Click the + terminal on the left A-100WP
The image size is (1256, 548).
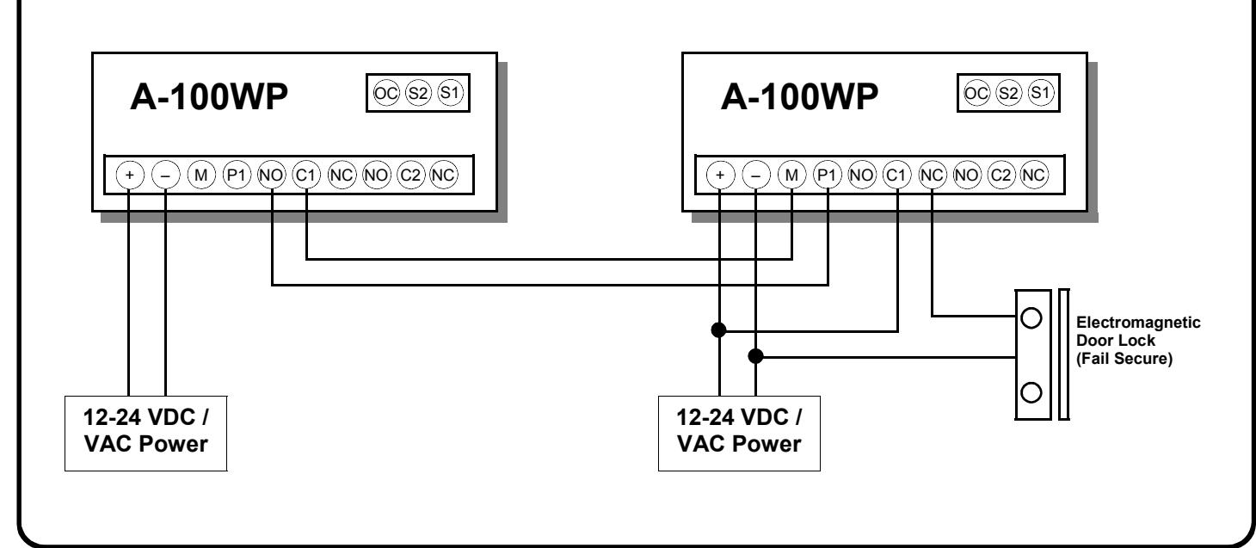coord(130,175)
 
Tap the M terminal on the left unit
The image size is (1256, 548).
coord(200,175)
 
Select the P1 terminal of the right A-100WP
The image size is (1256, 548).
coord(827,175)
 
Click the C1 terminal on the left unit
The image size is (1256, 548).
coord(306,175)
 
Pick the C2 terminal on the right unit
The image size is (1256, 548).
coord(1000,175)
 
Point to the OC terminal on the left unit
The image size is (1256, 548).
coord(385,93)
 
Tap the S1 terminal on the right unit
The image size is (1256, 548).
coord(1041,93)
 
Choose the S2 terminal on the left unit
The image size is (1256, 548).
coord(418,93)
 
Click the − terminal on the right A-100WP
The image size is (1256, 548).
coord(756,175)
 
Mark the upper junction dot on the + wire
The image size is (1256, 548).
coord(719,330)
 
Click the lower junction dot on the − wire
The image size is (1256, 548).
coord(756,356)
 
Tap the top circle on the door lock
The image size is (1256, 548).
coord(1031,318)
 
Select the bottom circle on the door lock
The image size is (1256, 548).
coord(1031,392)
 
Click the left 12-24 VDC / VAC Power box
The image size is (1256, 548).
coord(145,434)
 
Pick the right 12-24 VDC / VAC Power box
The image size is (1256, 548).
coord(739,434)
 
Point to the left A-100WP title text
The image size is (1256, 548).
coord(208,96)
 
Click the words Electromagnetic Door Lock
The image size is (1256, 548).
coord(1138,331)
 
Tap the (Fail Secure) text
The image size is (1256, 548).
coord(1124,359)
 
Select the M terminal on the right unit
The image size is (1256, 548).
coord(791,175)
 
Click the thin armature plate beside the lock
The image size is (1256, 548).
coord(1063,354)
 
